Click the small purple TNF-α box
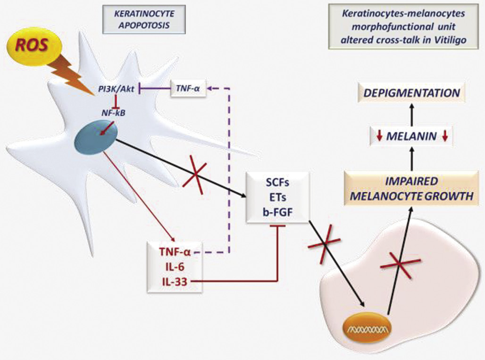click(188, 88)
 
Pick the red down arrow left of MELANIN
click(379, 137)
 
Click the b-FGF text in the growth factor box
click(277, 211)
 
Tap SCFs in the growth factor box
click(277, 182)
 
